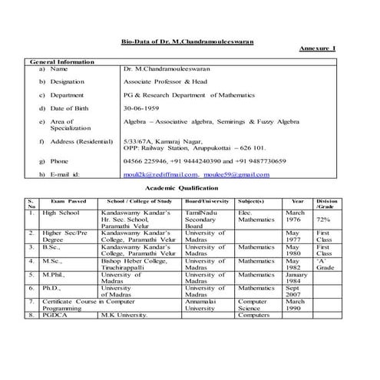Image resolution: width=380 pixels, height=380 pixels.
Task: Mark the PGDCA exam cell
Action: tap(54, 315)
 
